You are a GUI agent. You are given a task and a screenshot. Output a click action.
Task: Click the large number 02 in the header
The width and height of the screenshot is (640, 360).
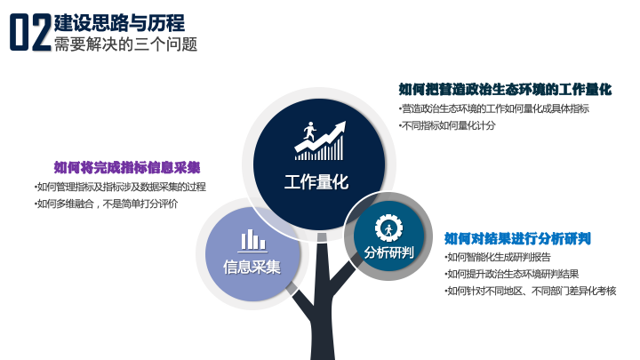[x=31, y=32]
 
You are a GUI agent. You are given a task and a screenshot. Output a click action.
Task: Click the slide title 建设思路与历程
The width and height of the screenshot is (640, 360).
[x=119, y=23]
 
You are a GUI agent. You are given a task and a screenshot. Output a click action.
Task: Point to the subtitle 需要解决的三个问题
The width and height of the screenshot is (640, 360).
[x=125, y=44]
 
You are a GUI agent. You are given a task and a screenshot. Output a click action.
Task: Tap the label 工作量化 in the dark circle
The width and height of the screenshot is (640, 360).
[x=316, y=182]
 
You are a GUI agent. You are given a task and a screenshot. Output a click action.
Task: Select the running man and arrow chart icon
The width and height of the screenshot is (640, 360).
[x=320, y=140]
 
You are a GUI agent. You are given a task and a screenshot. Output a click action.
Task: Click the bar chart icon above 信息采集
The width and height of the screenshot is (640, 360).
[x=252, y=240]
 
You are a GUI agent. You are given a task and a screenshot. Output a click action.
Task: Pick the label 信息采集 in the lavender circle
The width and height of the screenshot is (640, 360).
[x=252, y=267]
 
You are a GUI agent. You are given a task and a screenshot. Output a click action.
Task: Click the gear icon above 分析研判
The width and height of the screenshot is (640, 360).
[x=388, y=228]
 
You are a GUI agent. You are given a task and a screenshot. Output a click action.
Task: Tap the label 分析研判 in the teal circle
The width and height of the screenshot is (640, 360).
[x=389, y=252]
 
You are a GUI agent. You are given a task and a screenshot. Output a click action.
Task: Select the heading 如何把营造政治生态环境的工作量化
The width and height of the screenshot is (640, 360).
[x=505, y=89]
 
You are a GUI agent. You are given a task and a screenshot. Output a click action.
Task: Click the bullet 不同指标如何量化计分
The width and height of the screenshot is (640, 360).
[x=447, y=125]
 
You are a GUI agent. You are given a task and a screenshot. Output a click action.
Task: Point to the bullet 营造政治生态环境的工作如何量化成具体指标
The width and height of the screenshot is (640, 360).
[x=494, y=108]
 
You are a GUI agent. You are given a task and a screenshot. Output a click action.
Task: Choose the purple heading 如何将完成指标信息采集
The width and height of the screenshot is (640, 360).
[x=127, y=167]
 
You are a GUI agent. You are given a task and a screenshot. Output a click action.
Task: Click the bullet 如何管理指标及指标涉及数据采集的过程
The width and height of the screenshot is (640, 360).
[x=120, y=187]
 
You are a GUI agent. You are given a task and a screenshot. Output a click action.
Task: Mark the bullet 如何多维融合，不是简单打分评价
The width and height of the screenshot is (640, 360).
[x=107, y=204]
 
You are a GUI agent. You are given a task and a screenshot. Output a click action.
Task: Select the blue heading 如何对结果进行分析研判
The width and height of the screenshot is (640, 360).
[x=517, y=238]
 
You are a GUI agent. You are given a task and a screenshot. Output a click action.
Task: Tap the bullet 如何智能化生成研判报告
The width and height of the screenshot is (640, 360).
[x=498, y=257]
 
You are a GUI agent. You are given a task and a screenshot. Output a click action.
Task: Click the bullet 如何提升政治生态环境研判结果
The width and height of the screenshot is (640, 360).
[x=512, y=274]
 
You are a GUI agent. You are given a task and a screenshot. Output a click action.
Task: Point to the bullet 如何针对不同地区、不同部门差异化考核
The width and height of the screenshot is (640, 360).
[x=531, y=291]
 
